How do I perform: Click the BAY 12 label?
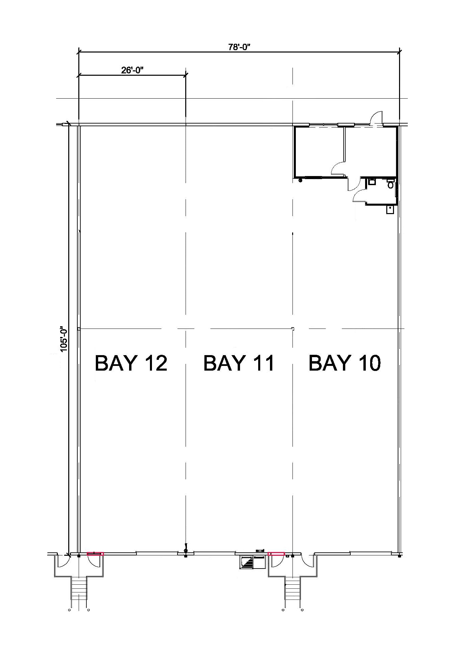[131, 363]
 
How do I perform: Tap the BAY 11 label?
[239, 363]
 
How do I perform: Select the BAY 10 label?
[345, 363]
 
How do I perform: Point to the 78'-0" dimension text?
[240, 47]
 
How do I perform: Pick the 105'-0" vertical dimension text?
[64, 338]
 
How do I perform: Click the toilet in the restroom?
[391, 185]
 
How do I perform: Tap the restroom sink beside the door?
[371, 182]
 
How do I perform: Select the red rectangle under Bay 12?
[95, 554]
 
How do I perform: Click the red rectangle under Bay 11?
[276, 554]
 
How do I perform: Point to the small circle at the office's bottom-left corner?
[300, 180]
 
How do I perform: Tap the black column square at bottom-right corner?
[399, 556]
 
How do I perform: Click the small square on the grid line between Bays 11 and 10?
[292, 328]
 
